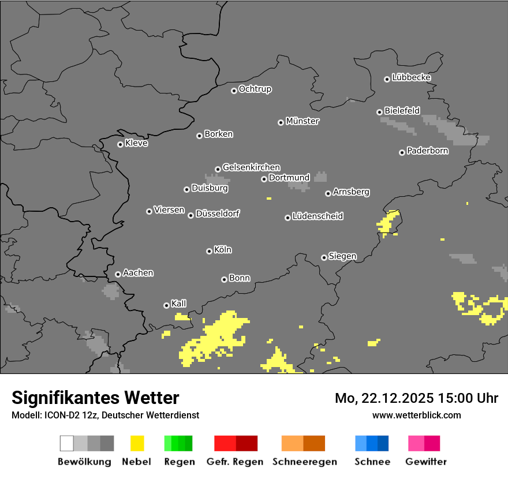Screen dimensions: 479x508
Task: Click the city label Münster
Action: pyautogui.click(x=302, y=121)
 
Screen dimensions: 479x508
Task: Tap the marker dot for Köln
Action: pyautogui.click(x=209, y=251)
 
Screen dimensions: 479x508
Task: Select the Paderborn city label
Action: pyautogui.click(x=427, y=151)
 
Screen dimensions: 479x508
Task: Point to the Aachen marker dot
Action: pyautogui.click(x=118, y=274)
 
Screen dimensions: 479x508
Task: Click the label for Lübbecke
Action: pyautogui.click(x=411, y=77)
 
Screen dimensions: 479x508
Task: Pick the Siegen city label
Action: pyautogui.click(x=342, y=256)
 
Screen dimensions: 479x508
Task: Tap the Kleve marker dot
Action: pyautogui.click(x=120, y=144)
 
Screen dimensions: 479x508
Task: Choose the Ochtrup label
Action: pyautogui.click(x=255, y=89)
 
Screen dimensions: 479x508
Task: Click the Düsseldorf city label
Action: pyautogui.click(x=218, y=214)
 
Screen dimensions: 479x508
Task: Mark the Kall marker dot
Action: pyautogui.click(x=166, y=305)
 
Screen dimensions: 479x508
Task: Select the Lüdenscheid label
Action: pyautogui.click(x=317, y=216)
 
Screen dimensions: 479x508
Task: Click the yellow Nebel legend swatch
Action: pyautogui.click(x=137, y=443)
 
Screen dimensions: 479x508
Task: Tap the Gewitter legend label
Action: pyautogui.click(x=426, y=462)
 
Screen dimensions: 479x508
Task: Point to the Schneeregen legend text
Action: pyautogui.click(x=305, y=462)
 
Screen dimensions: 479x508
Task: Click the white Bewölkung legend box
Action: pyautogui.click(x=66, y=443)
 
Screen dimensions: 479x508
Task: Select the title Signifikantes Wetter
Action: pyautogui.click(x=95, y=398)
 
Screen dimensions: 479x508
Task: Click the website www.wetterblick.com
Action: pyautogui.click(x=416, y=415)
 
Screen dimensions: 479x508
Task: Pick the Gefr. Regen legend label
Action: pyautogui.click(x=235, y=462)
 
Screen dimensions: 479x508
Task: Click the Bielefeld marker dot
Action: pyautogui.click(x=379, y=112)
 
